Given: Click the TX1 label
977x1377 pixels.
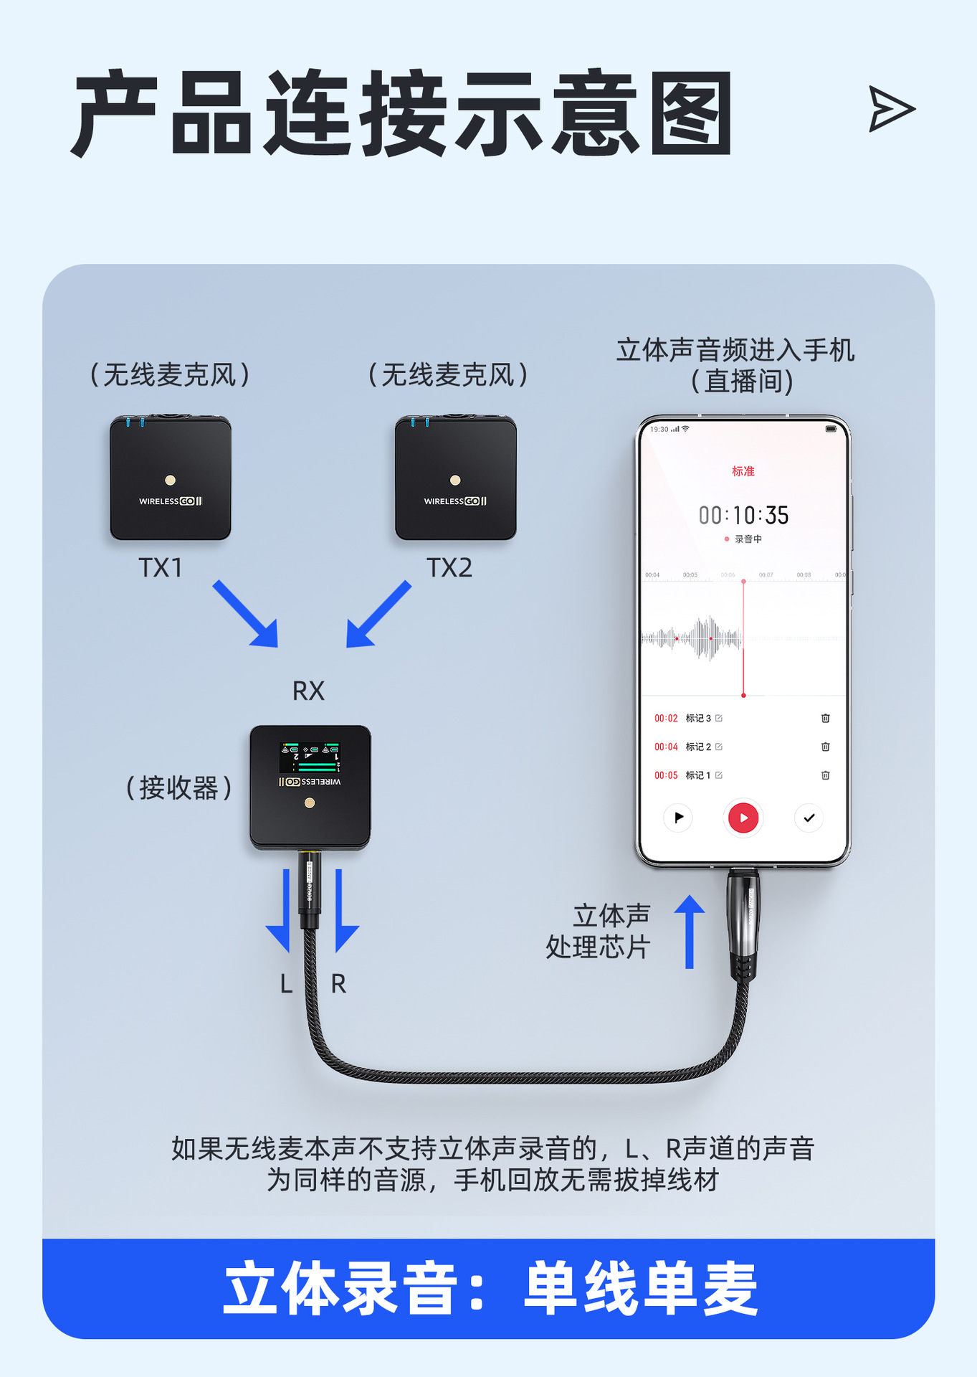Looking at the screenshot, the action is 161,567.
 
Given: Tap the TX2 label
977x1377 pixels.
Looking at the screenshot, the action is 449,567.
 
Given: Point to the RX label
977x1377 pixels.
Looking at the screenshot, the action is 308,691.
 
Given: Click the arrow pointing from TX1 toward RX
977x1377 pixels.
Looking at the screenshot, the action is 246,614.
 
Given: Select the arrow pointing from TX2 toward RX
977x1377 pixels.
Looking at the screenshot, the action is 378,615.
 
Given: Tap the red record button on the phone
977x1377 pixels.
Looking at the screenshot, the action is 743,818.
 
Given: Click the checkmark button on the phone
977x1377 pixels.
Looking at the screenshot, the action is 809,818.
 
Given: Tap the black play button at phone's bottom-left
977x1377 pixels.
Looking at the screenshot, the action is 678,818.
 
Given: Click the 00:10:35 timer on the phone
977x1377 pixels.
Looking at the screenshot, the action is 743,515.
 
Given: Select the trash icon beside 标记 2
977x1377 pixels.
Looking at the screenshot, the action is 825,747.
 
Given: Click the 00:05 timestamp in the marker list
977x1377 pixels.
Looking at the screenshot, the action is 666,775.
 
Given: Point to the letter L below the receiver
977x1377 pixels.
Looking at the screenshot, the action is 286,984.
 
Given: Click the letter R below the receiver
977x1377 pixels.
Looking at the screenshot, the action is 338,984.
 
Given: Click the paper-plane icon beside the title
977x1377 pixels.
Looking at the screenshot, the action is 890,109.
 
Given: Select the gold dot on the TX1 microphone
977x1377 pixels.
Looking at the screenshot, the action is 170,481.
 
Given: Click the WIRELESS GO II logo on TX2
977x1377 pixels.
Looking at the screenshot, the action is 455,501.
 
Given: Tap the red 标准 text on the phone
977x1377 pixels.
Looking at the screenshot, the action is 743,471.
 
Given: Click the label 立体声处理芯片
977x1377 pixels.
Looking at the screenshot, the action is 599,931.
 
